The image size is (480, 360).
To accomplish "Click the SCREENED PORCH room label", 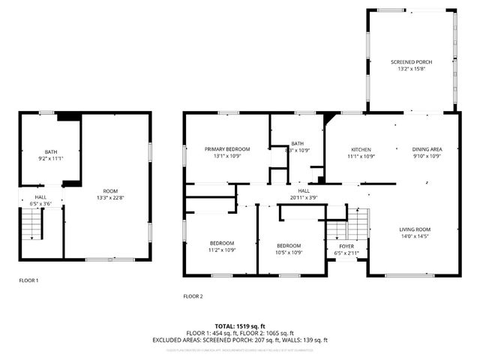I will (411, 61).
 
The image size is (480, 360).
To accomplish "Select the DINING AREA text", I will (427, 149).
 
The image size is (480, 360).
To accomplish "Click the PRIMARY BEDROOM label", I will (227, 149).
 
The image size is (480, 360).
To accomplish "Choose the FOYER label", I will (346, 245).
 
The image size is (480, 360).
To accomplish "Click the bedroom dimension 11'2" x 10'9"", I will (222, 250).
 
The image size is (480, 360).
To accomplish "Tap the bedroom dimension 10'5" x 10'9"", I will (289, 253).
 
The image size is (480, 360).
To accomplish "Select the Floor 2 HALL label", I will (304, 191).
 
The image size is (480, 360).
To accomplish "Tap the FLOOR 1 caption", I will (28, 280).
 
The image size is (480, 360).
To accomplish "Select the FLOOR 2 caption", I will (193, 296).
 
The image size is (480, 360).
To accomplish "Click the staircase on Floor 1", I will (31, 223).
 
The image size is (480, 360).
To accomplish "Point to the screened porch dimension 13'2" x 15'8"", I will (411, 68).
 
